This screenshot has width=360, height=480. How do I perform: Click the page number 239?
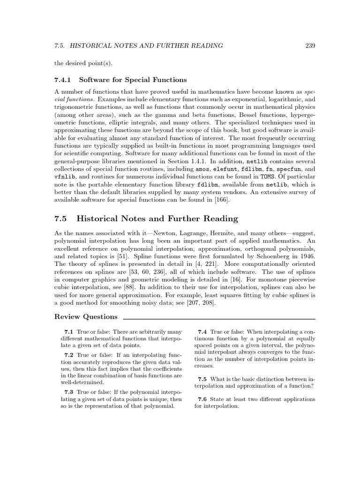pos(309,45)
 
